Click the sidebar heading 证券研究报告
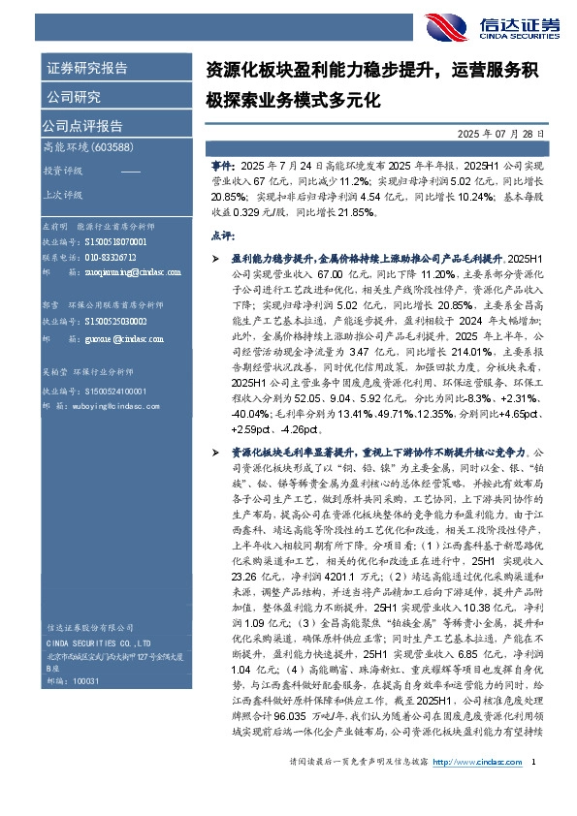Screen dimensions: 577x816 pos(87,69)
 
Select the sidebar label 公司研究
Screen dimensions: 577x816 pos(74,97)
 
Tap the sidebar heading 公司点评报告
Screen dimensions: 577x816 pos(81,125)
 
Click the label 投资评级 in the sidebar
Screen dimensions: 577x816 pos(61,170)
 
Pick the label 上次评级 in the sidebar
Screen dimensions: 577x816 pos(61,193)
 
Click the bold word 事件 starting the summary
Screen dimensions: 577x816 pos(222,167)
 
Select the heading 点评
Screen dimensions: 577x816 pos(222,235)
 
